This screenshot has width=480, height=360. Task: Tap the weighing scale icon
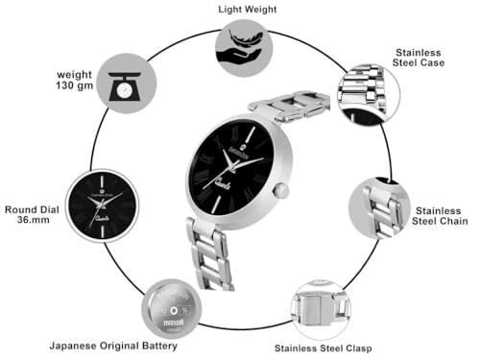pyautogui.click(x=124, y=83)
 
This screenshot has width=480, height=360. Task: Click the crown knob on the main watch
pyautogui.click(x=281, y=192)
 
